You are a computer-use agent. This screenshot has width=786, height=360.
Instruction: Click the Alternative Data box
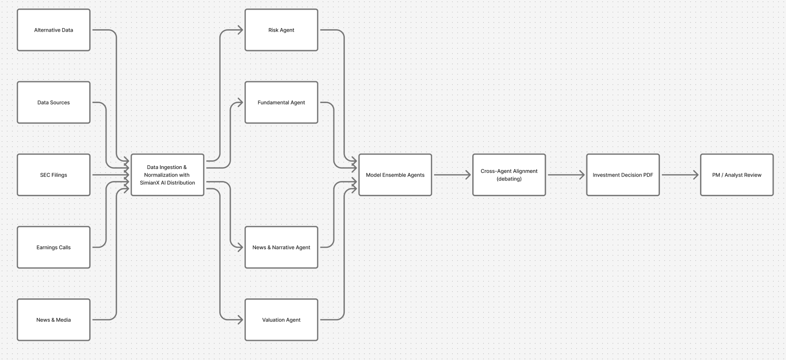53,30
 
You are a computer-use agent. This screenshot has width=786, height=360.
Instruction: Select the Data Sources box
53,103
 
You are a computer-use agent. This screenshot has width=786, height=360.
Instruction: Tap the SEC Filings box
53,175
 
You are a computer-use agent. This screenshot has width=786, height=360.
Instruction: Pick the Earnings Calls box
53,247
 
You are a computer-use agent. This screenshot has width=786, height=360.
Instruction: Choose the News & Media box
53,320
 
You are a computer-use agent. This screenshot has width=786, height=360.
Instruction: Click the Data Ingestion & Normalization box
167,175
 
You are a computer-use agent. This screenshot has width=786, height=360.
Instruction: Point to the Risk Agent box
281,30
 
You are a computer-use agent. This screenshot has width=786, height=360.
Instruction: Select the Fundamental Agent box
281,103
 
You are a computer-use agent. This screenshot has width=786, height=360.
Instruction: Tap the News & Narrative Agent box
281,247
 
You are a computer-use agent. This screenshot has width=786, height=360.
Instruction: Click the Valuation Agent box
281,320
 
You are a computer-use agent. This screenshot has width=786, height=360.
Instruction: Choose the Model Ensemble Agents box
395,175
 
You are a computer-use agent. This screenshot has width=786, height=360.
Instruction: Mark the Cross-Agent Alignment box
509,175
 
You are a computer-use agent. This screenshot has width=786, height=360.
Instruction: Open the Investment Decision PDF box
623,175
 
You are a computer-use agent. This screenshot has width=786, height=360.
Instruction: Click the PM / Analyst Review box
737,175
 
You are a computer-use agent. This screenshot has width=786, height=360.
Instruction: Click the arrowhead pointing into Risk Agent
240,30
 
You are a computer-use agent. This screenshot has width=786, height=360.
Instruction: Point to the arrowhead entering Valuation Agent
240,320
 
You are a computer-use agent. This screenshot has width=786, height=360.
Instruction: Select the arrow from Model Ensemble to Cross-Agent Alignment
452,175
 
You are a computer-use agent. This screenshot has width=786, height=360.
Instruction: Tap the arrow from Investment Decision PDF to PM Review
680,175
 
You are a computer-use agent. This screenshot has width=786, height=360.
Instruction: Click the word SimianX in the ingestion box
150,183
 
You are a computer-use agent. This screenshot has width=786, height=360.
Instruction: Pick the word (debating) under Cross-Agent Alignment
509,179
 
